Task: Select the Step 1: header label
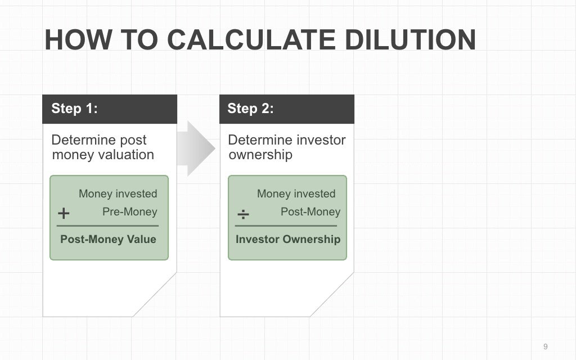coord(74,109)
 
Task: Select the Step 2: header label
coord(250,109)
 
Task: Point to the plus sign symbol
coord(64,214)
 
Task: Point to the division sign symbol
coord(243,214)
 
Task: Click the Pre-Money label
coord(129,212)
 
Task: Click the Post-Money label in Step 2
coord(310,212)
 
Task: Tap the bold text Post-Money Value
coord(108,239)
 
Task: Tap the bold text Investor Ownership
coord(288,239)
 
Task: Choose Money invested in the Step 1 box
coord(118,194)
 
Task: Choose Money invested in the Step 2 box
coord(296,194)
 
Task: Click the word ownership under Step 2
coord(260,155)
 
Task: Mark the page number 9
coord(545,346)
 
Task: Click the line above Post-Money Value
coord(107,226)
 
